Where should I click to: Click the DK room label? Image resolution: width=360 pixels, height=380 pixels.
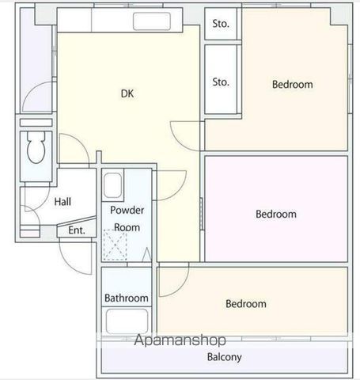click(127, 93)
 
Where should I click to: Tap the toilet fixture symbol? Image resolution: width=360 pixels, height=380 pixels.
click(36, 147)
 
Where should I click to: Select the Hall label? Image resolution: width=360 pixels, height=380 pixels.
click(63, 202)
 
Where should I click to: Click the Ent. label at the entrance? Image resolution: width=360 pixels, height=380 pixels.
click(77, 230)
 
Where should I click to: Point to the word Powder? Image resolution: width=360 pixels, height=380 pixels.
click(127, 210)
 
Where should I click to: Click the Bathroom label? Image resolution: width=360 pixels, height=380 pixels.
click(127, 298)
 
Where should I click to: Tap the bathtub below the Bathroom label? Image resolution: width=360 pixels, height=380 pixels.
click(127, 321)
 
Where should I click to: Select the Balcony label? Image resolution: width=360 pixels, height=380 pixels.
click(225, 357)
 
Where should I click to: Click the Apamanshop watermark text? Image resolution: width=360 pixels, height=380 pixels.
click(180, 340)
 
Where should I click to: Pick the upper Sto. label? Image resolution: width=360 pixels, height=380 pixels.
click(221, 24)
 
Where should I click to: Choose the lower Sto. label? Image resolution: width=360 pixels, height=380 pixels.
click(221, 82)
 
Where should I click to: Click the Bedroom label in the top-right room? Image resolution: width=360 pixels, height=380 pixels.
click(293, 85)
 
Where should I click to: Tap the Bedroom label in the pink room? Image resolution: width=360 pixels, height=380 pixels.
click(276, 214)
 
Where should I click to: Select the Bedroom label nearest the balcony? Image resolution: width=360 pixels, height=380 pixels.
click(246, 304)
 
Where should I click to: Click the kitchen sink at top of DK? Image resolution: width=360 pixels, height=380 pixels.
click(152, 21)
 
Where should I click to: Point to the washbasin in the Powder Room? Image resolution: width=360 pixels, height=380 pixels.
click(113, 185)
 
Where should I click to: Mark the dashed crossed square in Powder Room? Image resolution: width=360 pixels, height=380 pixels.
click(116, 245)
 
